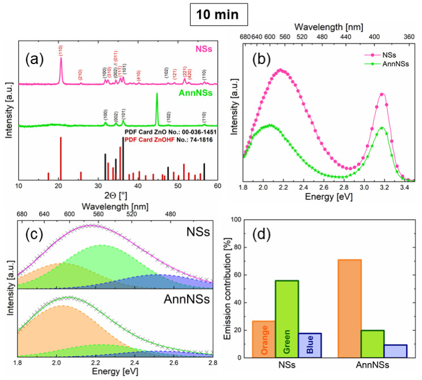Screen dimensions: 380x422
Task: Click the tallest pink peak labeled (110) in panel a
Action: pyautogui.click(x=61, y=71)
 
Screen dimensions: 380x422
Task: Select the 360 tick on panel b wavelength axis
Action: pyautogui.click(x=408, y=37)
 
